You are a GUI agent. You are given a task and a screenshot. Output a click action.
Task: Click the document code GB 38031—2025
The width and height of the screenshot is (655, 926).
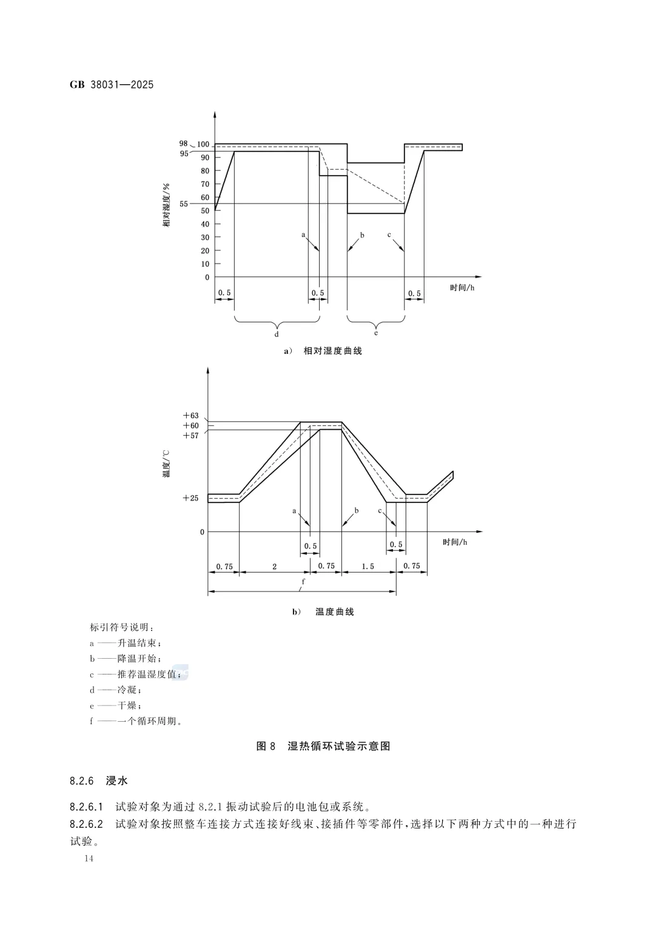pos(112,85)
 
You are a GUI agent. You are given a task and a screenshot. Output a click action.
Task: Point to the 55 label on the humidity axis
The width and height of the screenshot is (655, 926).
pos(184,204)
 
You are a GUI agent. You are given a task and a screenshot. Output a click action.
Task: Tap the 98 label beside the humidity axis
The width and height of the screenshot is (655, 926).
pos(183,144)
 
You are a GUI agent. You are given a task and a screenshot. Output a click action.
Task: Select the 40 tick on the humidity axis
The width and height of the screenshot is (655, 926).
pos(205,224)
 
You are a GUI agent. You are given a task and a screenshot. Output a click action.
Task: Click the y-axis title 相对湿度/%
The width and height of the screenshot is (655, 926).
pos(166,205)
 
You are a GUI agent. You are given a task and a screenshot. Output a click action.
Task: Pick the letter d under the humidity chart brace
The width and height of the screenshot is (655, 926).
pos(277,333)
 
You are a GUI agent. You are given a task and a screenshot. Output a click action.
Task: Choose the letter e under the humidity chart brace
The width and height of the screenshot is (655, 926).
pos(375,333)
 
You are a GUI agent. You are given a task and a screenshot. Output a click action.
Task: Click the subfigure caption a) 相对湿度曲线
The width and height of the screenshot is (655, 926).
pos(323,351)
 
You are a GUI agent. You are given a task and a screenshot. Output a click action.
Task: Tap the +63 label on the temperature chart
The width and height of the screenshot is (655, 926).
pos(191,416)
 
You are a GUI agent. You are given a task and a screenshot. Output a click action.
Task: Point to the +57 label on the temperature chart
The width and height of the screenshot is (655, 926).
pos(191,435)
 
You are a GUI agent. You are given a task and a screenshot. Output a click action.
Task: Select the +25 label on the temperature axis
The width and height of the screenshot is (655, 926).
pos(191,498)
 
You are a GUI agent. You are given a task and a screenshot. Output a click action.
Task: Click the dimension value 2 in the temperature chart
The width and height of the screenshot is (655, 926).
pos(274,567)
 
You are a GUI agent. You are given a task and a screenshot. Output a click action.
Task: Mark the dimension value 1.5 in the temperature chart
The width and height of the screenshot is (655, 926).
pos(368,567)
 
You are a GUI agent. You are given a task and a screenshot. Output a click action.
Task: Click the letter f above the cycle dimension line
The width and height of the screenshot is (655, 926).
pos(303,582)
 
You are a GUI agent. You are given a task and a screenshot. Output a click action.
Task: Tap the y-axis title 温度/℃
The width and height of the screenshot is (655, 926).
pos(166,464)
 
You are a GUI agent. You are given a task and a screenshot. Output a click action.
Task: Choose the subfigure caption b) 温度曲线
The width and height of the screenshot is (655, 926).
pos(323,612)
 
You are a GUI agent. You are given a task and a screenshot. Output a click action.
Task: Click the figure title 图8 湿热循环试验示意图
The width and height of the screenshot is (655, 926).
pos(323,746)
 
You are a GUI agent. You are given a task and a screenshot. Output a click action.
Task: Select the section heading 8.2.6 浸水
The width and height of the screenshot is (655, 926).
pos(99,781)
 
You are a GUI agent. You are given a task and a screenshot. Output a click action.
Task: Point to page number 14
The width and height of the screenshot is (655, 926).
pos(89,859)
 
